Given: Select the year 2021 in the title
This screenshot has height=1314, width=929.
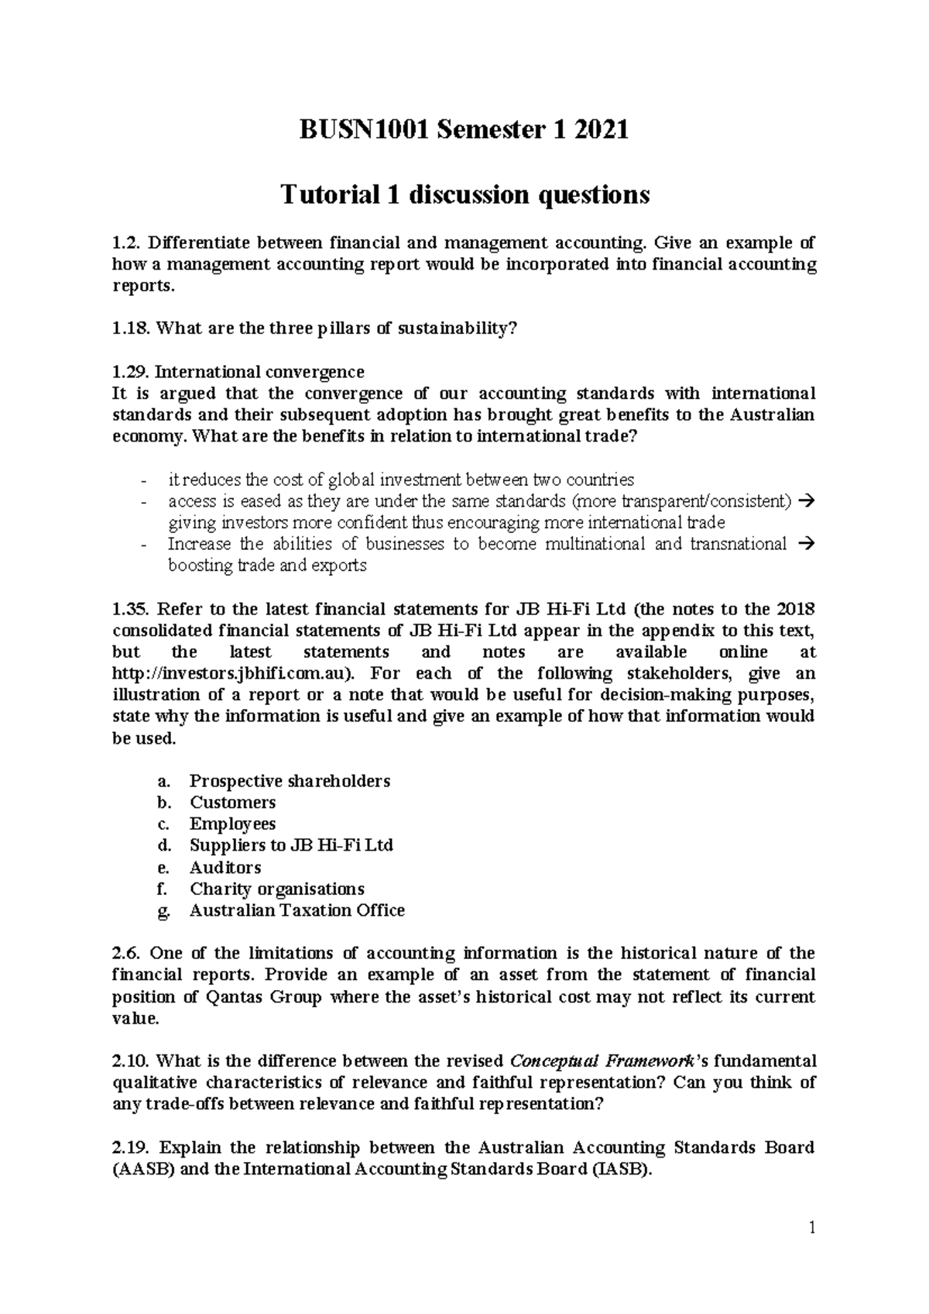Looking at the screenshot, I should pyautogui.click(x=596, y=130).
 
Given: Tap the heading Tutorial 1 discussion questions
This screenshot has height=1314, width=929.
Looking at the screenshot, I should pyautogui.click(x=464, y=194).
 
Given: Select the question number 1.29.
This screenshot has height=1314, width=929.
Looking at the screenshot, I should pyautogui.click(x=131, y=371).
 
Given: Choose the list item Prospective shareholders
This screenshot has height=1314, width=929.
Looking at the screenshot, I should pyautogui.click(x=290, y=781).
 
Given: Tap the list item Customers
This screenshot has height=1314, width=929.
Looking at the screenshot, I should pyautogui.click(x=233, y=803).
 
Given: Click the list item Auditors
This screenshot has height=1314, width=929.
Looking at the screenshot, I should pyautogui.click(x=225, y=868).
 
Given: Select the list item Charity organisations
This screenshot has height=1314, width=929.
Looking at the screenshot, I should pyautogui.click(x=277, y=889).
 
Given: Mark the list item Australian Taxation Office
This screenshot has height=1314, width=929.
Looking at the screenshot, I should pyautogui.click(x=297, y=911).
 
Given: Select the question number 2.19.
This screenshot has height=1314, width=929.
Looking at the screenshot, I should pyautogui.click(x=131, y=1147).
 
